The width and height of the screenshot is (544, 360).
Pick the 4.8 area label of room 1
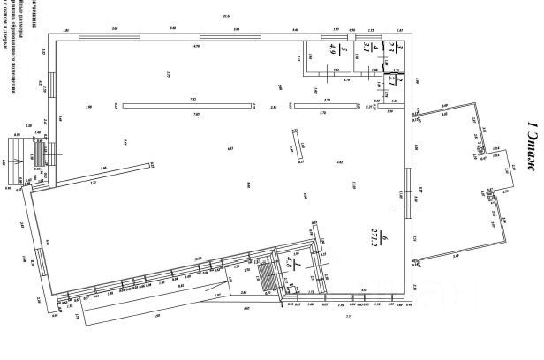coord(299,266)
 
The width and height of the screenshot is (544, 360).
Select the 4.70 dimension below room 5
coord(347,81)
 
